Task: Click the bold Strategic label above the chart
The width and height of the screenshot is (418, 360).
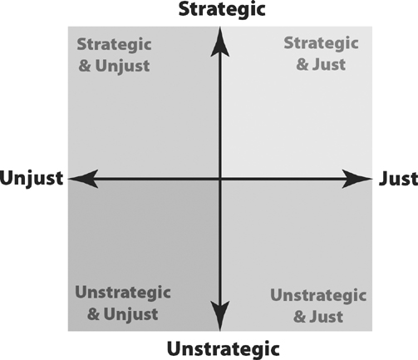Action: click(x=222, y=10)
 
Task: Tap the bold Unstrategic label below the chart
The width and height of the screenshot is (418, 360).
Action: click(x=224, y=349)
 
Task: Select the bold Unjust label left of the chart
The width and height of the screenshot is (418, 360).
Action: click(x=32, y=179)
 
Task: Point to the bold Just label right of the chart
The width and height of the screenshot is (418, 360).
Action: click(x=398, y=179)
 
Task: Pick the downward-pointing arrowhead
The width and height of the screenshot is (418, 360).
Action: click(x=220, y=316)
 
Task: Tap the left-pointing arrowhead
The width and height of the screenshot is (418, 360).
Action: click(x=83, y=179)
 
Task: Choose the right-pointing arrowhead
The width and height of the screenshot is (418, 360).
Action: click(x=357, y=179)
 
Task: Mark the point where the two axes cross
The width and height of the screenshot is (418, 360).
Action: click(x=220, y=179)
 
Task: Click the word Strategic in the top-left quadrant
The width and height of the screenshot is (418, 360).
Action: click(x=114, y=45)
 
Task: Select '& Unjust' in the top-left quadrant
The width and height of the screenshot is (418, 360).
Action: click(x=114, y=66)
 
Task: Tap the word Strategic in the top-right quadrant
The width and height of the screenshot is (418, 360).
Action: click(x=322, y=43)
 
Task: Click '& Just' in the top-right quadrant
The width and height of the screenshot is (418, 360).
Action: click(x=321, y=65)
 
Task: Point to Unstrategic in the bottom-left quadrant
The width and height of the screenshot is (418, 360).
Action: click(x=123, y=293)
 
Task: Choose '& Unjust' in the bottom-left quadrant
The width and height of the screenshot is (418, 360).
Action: click(x=123, y=314)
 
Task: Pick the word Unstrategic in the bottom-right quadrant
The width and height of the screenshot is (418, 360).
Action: click(x=318, y=295)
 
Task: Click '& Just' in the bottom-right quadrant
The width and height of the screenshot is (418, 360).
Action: click(x=318, y=317)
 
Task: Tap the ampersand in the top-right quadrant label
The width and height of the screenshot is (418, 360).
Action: click(x=302, y=65)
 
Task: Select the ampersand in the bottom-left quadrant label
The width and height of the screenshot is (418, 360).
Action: click(x=93, y=314)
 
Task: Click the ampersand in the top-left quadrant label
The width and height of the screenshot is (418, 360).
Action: click(x=85, y=66)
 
